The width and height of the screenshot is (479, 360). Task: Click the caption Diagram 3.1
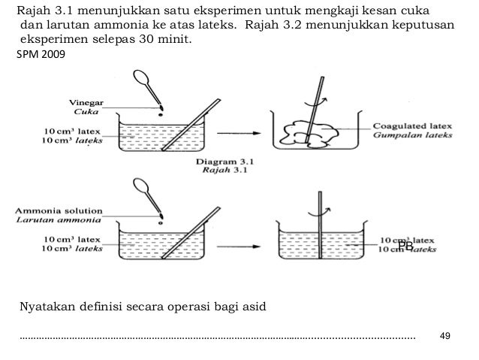[x=224, y=160]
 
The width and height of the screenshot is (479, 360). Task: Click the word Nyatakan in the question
[x=47, y=307]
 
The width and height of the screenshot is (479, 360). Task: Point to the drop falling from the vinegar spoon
[x=159, y=116]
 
